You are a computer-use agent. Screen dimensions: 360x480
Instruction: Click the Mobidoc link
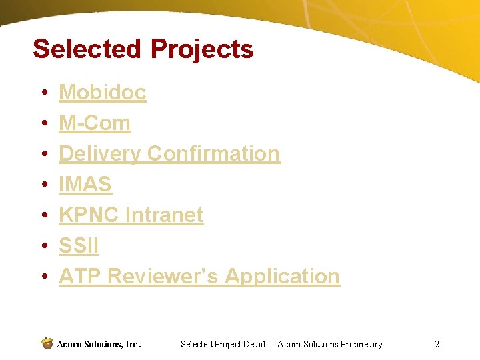point(102,93)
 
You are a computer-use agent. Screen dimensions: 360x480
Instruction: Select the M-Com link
point(94,123)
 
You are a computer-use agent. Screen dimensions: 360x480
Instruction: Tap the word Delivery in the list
point(99,154)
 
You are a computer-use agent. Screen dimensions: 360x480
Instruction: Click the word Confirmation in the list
point(213,154)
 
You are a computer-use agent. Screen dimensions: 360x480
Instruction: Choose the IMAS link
point(85,185)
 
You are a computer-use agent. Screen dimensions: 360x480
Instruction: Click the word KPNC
point(89,215)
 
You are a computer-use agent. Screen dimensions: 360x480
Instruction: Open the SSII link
point(79,246)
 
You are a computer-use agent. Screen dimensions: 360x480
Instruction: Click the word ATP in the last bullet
point(80,276)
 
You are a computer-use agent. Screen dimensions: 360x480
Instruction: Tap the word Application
point(282,276)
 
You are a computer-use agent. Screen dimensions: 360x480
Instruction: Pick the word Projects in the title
point(202,49)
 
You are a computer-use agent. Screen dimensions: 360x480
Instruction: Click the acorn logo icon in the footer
point(47,343)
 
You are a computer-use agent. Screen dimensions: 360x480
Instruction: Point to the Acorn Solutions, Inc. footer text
point(99,345)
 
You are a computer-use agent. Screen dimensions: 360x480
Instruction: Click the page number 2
point(437,345)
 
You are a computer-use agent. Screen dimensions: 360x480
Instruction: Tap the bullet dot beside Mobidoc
point(43,93)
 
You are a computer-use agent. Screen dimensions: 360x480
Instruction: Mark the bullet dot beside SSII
point(43,247)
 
